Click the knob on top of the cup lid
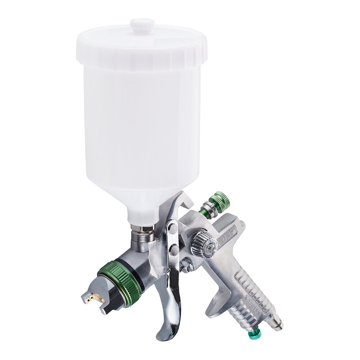click(x=142, y=26)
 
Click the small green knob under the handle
click(x=255, y=334)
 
